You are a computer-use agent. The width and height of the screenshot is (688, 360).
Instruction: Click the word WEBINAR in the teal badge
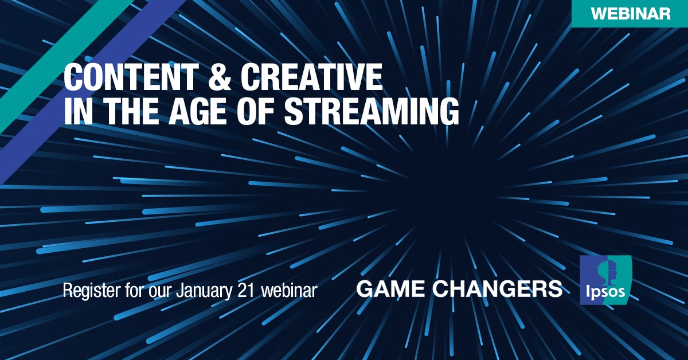631,14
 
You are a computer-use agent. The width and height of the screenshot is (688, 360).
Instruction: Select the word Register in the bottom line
92,291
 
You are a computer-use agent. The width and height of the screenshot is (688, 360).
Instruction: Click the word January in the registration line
204,291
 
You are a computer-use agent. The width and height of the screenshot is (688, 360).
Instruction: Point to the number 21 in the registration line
246,290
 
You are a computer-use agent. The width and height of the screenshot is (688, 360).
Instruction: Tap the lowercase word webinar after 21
289,290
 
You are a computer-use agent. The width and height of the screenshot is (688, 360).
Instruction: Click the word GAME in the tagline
389,289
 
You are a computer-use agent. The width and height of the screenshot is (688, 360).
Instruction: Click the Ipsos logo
605,280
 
